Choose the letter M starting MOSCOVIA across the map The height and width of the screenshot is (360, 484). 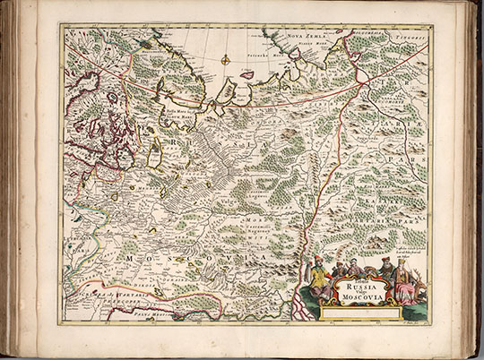130,258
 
